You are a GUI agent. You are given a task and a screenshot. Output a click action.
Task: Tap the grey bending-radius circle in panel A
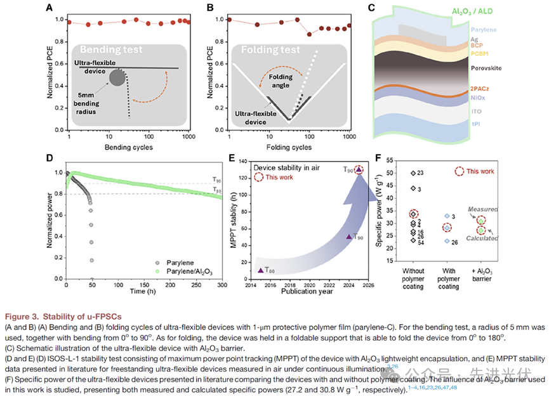coord(117,78)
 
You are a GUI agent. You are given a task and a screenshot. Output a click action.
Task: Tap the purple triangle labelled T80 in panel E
coord(261,270)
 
